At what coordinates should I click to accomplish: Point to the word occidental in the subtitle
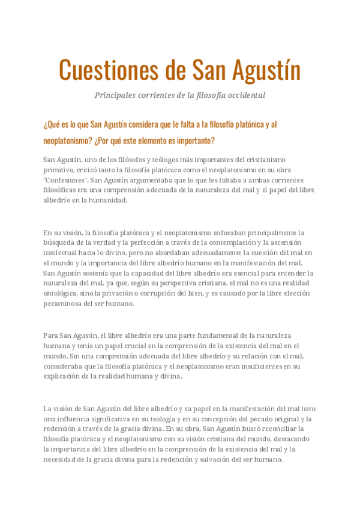pyautogui.click(x=245, y=95)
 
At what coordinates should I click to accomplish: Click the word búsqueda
pyautogui.click(x=61, y=242)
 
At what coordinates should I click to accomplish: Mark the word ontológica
pyautogui.click(x=64, y=294)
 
